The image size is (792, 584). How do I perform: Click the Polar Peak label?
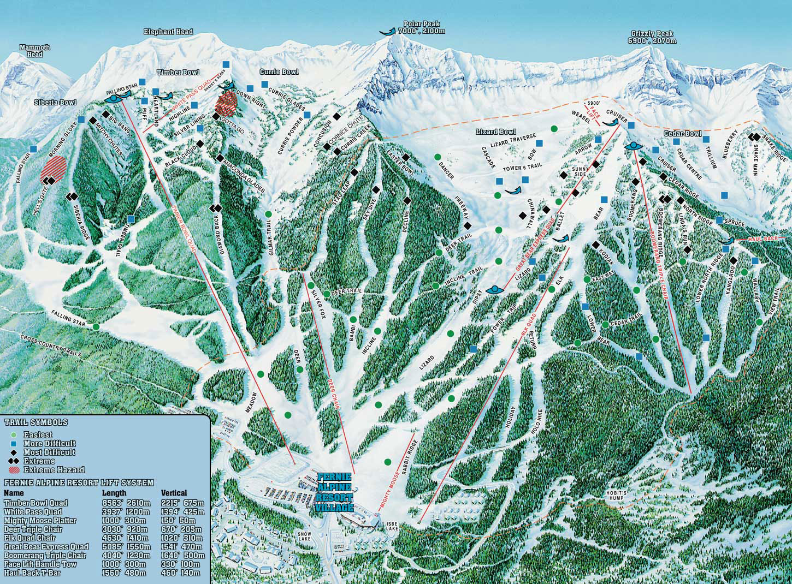tap(421, 27)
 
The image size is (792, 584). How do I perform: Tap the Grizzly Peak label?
tap(653, 37)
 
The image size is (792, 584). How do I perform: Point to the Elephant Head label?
tap(168, 32)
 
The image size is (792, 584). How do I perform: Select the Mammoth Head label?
tap(35, 51)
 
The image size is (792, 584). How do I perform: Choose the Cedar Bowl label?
tap(682, 134)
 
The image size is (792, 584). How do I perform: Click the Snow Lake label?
tap(304, 536)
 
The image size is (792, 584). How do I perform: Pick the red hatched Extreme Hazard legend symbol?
tap(13, 469)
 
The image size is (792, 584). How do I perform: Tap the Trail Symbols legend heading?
tap(36, 422)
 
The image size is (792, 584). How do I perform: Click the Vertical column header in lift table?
tap(174, 493)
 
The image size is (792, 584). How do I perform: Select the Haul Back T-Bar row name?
tap(33, 573)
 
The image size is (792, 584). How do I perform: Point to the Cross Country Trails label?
tap(51, 346)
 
